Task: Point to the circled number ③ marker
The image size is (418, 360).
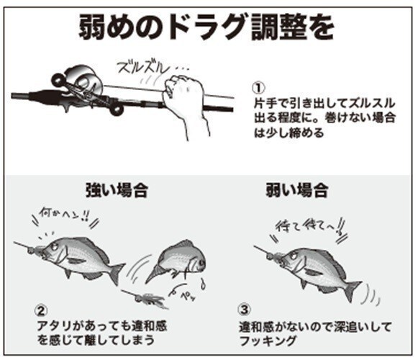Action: (x=245, y=312)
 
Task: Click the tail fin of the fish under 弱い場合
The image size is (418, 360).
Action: (x=350, y=289)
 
